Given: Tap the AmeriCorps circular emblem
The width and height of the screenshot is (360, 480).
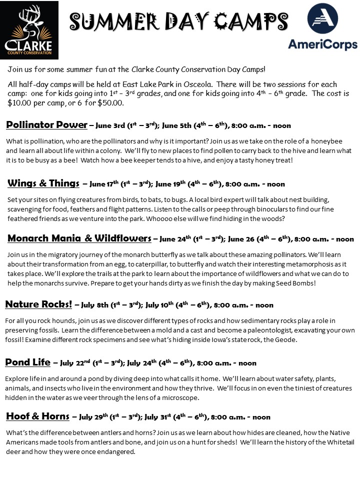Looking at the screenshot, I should [323, 19].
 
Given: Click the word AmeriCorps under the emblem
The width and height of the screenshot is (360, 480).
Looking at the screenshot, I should [322, 44].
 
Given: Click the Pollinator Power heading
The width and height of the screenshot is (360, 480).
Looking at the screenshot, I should [46, 125].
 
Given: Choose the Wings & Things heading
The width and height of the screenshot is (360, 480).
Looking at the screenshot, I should [43, 183].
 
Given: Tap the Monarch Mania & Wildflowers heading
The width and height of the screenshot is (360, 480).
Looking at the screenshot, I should [79, 238].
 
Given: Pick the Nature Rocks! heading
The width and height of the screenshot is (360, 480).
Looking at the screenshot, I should [38, 304].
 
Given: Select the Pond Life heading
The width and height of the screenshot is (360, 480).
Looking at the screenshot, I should [27, 362].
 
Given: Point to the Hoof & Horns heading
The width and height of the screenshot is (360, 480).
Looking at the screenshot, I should [37, 416].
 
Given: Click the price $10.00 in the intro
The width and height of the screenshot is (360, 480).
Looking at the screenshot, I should [18, 103].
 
